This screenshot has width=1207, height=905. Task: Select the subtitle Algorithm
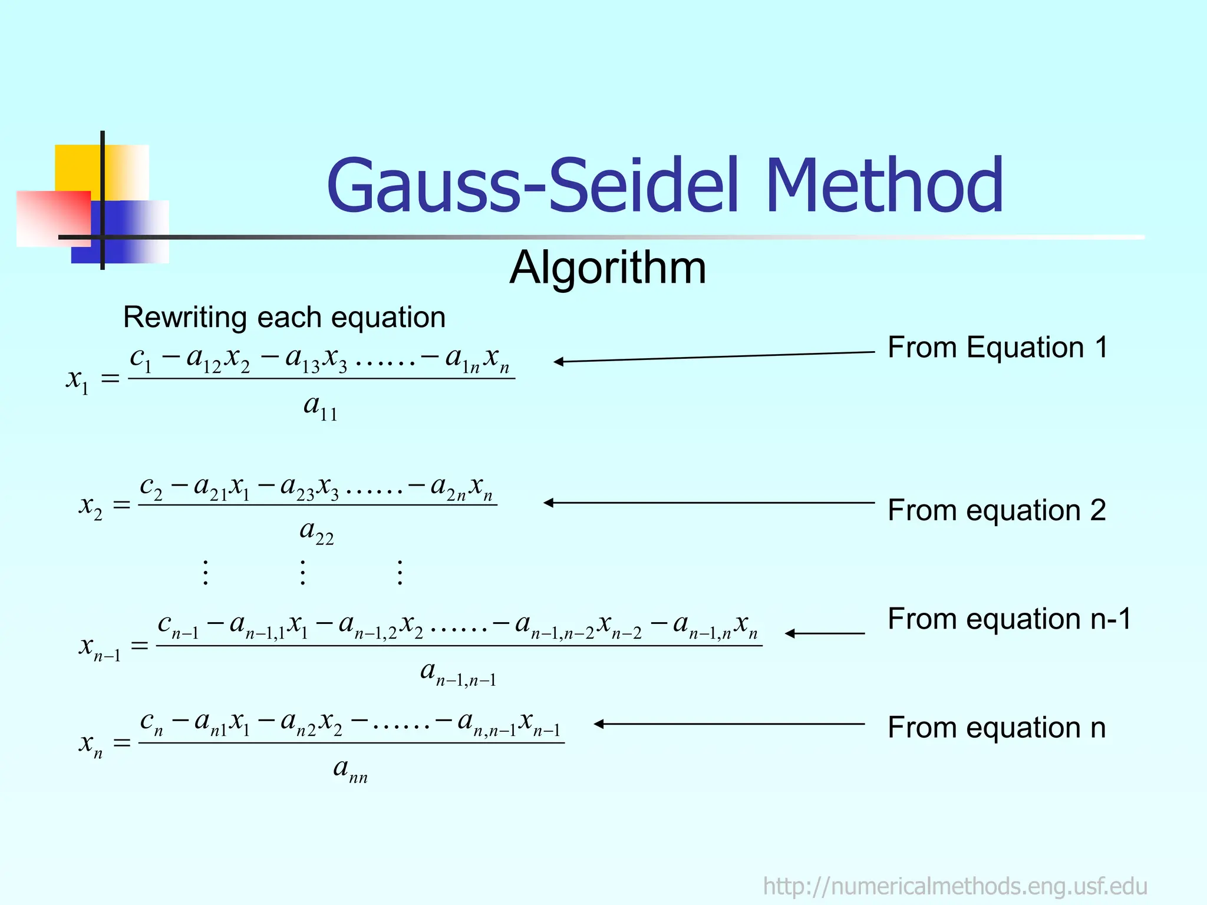coord(608,268)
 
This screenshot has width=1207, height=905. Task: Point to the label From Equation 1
coord(997,347)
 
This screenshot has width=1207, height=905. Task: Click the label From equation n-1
coord(1009,619)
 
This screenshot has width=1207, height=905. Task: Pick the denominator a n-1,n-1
coord(458,673)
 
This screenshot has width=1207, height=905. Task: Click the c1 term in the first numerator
coord(141,358)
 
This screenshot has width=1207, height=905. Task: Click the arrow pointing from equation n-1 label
coord(825,633)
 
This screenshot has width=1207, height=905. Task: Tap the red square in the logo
coord(53,218)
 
